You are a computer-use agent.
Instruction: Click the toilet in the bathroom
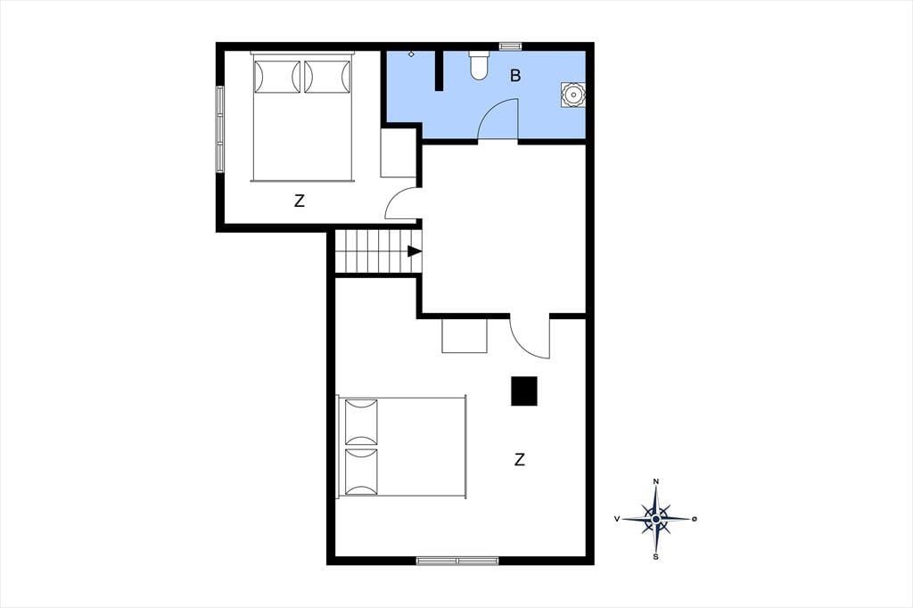click(x=479, y=65)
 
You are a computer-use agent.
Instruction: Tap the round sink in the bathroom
click(x=572, y=94)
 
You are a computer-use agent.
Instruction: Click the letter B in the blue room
click(x=515, y=75)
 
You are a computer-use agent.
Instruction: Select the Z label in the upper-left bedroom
click(x=300, y=201)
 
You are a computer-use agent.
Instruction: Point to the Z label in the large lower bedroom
click(x=520, y=459)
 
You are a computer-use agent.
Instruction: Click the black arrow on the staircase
click(x=414, y=251)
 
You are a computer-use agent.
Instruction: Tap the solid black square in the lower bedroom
click(x=524, y=390)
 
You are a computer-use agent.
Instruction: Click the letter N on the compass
click(x=656, y=481)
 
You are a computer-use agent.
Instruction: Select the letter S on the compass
click(x=656, y=557)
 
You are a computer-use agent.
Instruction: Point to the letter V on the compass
click(x=617, y=518)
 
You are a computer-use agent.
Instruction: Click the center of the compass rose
click(x=656, y=519)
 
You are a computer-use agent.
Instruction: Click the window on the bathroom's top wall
click(x=510, y=45)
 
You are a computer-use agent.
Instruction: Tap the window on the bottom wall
click(x=457, y=561)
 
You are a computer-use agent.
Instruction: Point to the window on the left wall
click(x=220, y=129)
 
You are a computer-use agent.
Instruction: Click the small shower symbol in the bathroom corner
click(x=411, y=54)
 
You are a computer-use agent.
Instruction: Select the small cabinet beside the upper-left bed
click(x=399, y=153)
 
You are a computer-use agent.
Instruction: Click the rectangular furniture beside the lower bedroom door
click(x=464, y=335)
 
